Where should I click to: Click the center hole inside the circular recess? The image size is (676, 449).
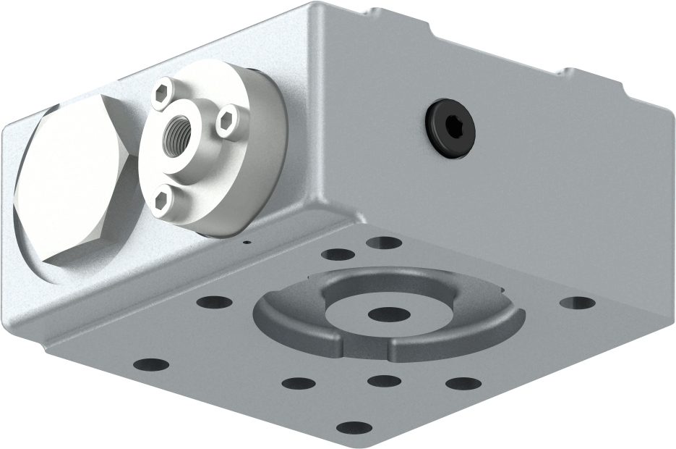(388, 314)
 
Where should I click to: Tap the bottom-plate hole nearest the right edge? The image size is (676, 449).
(577, 303)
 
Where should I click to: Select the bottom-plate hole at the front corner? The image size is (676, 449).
(354, 427)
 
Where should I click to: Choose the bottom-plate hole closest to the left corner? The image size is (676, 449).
(151, 364)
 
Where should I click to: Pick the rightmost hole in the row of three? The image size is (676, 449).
(463, 383)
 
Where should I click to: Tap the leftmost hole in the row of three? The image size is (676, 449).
(299, 383)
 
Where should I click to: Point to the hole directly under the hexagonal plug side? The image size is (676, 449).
(214, 301)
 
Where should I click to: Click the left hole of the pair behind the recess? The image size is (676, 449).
(337, 254)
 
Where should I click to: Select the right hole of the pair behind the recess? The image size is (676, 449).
(384, 243)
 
